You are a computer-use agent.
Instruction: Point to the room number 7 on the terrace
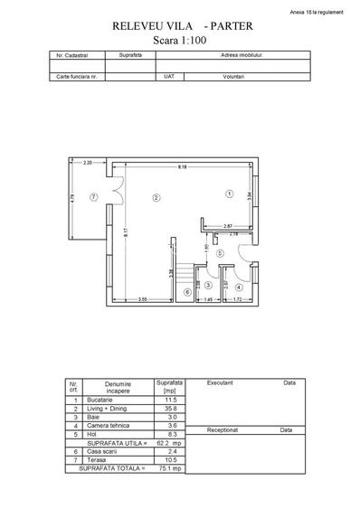[93, 196]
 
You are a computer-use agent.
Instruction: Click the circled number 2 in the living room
[156, 196]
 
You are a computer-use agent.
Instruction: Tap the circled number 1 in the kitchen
[230, 193]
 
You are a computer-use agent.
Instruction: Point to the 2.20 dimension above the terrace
[88, 162]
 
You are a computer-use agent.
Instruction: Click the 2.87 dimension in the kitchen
[228, 225]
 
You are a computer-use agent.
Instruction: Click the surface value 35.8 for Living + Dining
[169, 407]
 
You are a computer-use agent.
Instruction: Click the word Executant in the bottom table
[220, 382]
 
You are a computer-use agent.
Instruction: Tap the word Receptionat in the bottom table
[223, 431]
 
